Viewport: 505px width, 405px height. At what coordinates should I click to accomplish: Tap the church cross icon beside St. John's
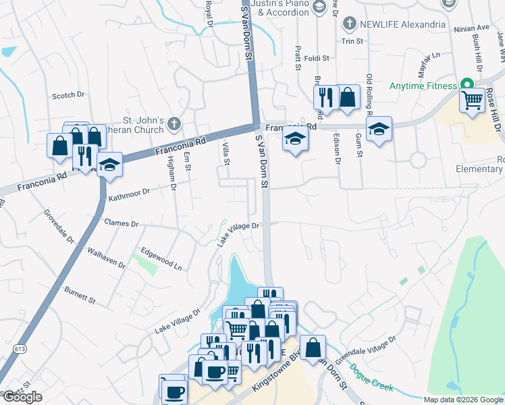(174, 124)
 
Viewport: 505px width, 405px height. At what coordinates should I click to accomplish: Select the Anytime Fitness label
(423, 86)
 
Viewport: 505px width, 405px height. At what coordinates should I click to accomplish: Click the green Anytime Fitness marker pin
(466, 85)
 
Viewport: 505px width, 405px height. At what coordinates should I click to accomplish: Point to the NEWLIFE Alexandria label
(403, 24)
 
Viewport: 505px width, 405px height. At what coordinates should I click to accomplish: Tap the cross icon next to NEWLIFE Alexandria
(349, 24)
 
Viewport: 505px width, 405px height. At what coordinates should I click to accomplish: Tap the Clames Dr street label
(121, 223)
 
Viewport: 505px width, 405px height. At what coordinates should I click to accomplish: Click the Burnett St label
(80, 294)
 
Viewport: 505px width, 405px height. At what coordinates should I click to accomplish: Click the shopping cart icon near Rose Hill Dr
(472, 101)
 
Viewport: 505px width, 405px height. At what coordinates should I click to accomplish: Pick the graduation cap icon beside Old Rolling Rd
(379, 130)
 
